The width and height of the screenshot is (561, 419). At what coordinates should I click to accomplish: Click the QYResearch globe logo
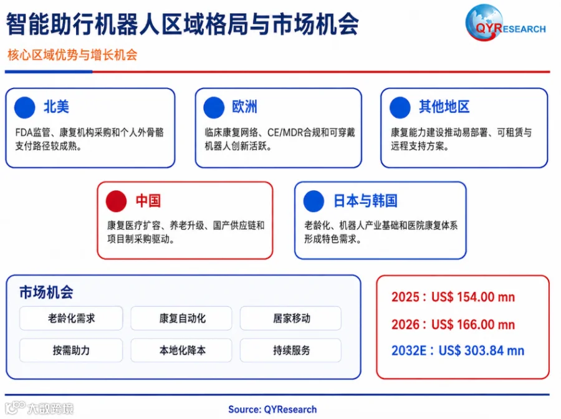tap(506, 22)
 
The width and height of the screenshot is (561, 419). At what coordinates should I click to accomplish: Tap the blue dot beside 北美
tap(25, 107)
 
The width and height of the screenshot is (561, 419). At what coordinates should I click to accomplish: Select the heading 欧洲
tap(245, 107)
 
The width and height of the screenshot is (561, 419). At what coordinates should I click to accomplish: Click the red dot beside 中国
tap(117, 201)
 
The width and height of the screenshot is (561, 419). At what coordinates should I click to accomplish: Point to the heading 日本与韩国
tap(365, 201)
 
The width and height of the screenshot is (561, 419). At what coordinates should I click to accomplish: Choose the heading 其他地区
tap(444, 107)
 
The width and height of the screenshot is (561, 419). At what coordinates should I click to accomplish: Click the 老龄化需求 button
tap(71, 318)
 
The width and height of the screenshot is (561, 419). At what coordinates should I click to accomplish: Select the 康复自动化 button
tap(181, 318)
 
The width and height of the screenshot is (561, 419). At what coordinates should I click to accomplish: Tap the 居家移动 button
tap(290, 318)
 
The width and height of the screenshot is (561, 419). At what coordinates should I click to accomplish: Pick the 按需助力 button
tap(71, 350)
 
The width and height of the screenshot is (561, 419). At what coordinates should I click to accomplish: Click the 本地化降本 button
tap(181, 350)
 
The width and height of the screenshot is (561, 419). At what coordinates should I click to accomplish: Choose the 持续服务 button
tap(290, 350)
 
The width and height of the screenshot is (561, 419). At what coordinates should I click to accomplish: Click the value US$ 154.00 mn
tap(473, 297)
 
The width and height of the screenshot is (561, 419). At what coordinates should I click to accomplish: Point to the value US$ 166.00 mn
tap(473, 324)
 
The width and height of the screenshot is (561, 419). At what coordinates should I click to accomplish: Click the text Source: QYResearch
tap(272, 410)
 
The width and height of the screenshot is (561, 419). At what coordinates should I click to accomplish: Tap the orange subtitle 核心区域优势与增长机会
tap(73, 55)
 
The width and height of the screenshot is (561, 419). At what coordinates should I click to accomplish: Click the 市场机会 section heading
tap(47, 292)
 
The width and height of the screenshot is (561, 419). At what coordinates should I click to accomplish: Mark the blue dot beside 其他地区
tap(400, 107)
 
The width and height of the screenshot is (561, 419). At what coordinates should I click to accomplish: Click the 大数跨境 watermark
tap(39, 408)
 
